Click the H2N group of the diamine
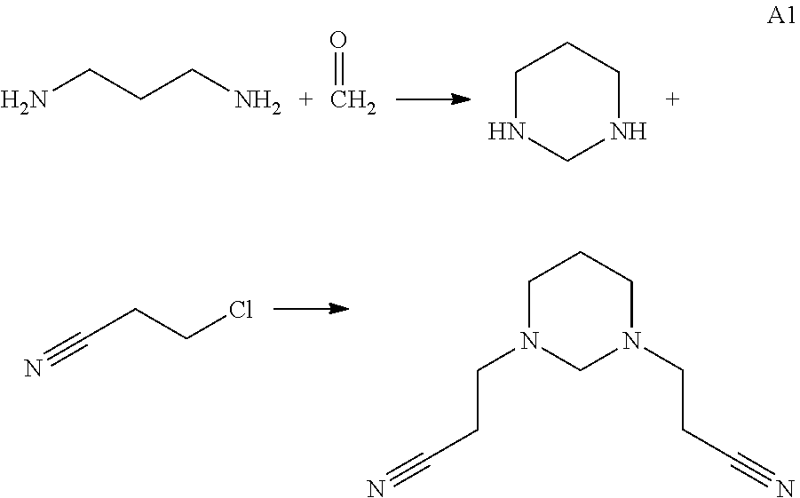point(24,101)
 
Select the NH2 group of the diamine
point(257,101)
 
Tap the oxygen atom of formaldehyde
point(337,41)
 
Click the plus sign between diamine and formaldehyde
point(305,100)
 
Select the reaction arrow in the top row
point(432,99)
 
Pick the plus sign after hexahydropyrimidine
point(672,99)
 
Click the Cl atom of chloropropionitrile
point(242,310)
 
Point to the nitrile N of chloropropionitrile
point(34,366)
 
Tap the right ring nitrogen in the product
point(630,340)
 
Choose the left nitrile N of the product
point(376,486)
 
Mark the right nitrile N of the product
point(783,486)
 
